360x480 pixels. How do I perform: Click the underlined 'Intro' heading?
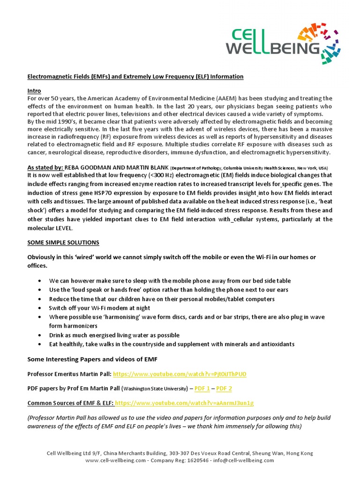(x=34, y=91)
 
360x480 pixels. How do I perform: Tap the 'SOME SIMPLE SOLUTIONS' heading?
(x=63, y=242)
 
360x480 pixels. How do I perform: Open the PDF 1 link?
(x=202, y=388)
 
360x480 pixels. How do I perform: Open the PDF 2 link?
(x=224, y=388)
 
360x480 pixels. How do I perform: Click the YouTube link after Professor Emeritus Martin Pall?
(x=180, y=374)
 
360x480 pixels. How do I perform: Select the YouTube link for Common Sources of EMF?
(x=184, y=403)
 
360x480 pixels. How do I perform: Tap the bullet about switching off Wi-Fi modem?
(x=99, y=308)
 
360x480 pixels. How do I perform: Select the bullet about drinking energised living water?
(x=114, y=335)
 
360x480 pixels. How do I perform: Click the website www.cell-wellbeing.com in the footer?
(x=116, y=460)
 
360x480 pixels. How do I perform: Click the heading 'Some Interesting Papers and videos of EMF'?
(x=92, y=359)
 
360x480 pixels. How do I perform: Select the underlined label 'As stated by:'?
(x=45, y=167)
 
